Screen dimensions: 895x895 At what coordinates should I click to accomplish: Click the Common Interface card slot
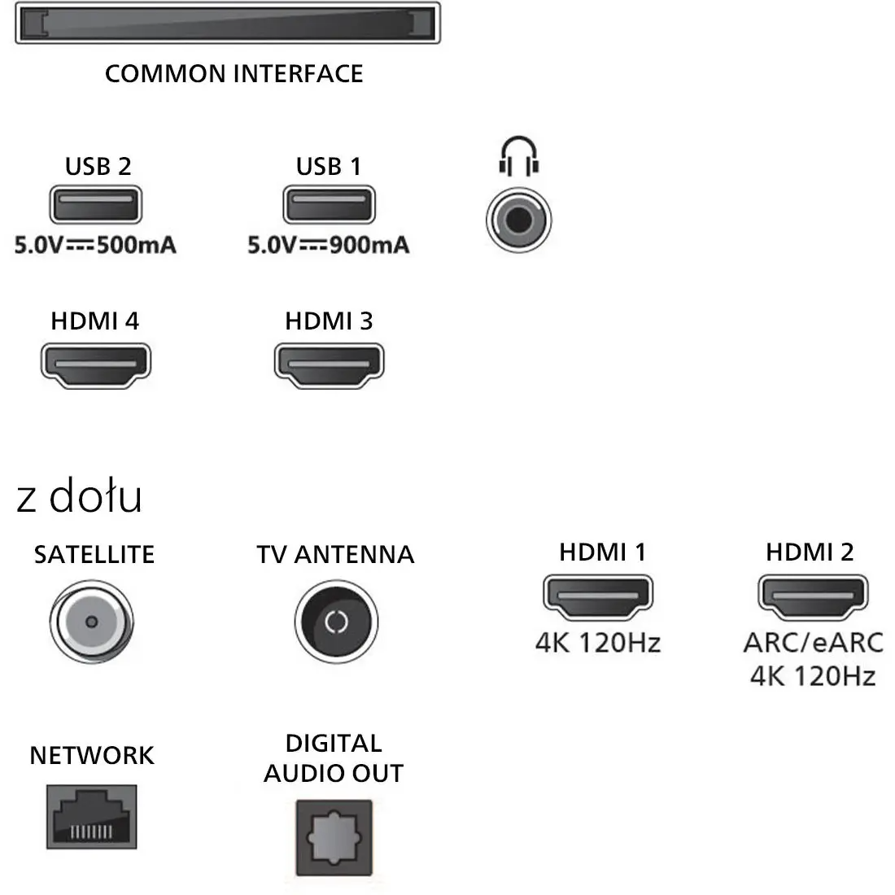(228, 23)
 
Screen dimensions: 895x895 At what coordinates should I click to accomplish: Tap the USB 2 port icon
(96, 204)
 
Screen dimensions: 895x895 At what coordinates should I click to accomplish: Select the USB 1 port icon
(330, 204)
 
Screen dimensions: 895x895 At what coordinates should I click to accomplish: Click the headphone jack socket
(519, 220)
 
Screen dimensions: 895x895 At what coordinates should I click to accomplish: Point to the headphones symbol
(519, 156)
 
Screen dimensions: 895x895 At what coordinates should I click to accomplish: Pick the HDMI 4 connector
(96, 366)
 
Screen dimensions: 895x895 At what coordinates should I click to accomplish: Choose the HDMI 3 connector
(330, 366)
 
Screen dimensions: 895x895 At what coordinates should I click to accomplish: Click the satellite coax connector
(92, 622)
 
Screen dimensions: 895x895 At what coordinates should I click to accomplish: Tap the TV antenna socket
(336, 622)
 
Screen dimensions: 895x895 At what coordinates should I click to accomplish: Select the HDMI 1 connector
(598, 597)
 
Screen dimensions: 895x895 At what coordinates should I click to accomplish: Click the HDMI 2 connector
(814, 597)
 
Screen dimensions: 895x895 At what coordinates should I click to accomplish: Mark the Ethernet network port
(92, 817)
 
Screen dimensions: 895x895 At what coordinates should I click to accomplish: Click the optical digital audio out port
(334, 838)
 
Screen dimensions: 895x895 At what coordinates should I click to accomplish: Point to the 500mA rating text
(137, 245)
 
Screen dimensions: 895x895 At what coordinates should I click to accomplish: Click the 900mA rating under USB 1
(369, 245)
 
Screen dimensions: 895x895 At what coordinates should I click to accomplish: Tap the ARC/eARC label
(814, 643)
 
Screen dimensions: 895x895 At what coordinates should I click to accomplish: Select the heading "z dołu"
(79, 496)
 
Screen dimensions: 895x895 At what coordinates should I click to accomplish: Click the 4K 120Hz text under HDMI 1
(598, 643)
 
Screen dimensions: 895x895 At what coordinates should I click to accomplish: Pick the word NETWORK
(92, 755)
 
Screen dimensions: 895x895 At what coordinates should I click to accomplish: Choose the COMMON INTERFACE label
(234, 73)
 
